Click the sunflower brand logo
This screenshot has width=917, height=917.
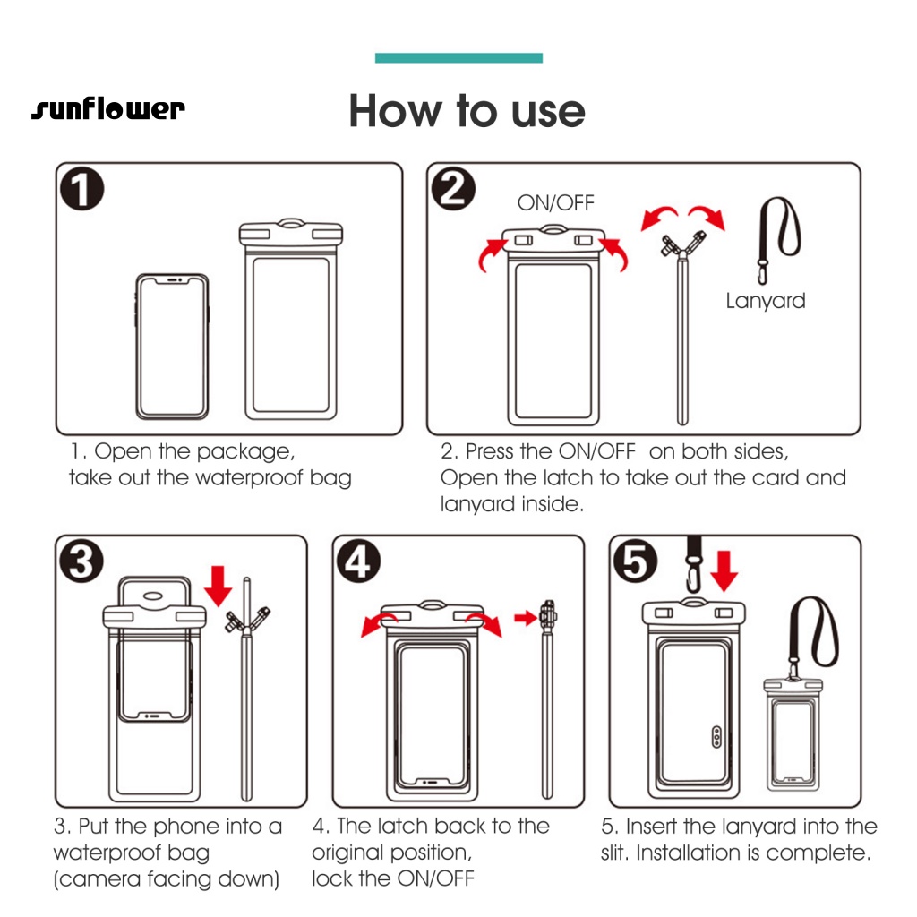tap(108, 110)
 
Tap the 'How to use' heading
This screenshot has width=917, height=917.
tap(467, 111)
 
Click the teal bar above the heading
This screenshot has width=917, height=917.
tap(458, 58)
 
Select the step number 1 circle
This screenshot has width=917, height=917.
tap(81, 190)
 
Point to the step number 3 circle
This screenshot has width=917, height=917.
tap(81, 561)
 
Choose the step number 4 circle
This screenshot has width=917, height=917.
tap(359, 561)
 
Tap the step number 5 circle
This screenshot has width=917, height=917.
tap(635, 561)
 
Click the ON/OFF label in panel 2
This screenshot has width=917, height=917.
tap(555, 203)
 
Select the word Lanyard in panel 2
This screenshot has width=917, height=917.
tap(765, 301)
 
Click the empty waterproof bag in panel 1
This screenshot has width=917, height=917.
tap(293, 322)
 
